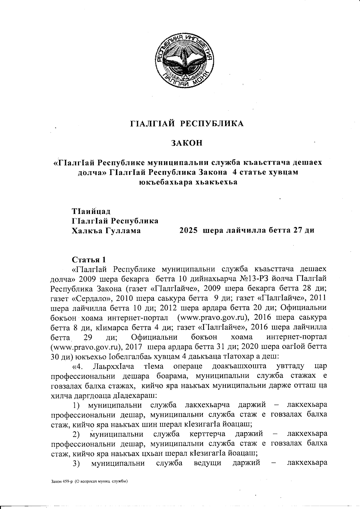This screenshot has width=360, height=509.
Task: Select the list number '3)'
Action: [x=76, y=464]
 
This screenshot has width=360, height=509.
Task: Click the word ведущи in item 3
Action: [x=208, y=464]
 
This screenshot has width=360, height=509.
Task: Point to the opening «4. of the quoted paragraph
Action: [x=77, y=367]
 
